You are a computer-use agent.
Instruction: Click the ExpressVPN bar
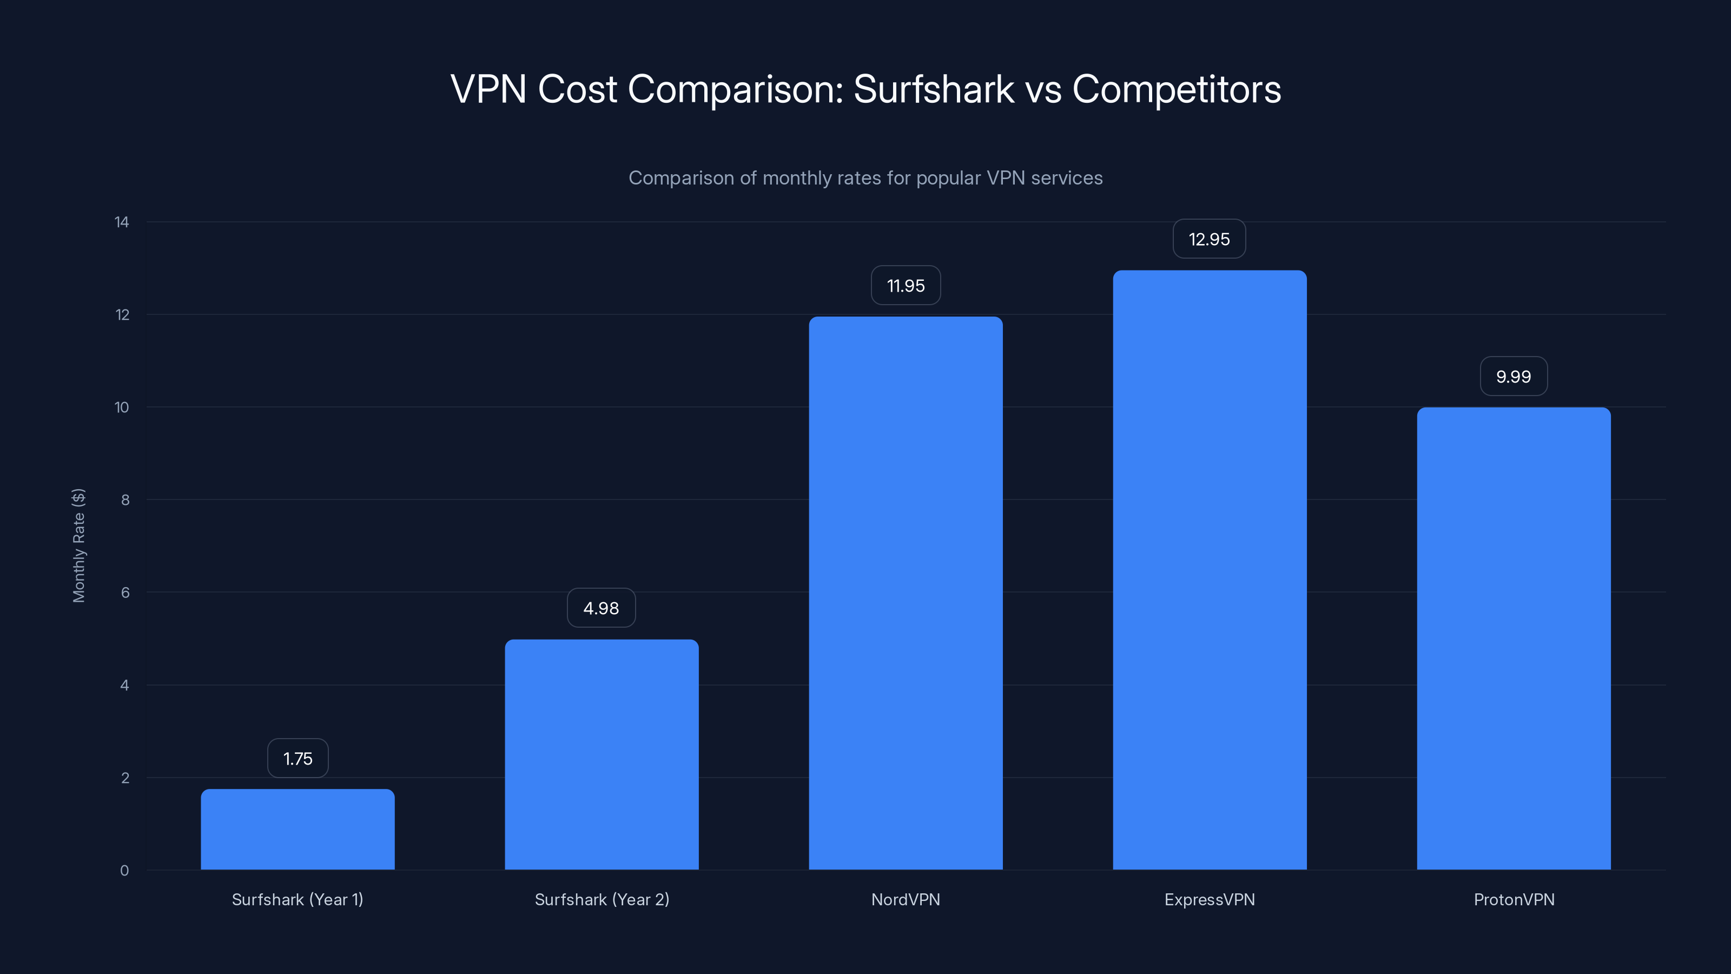tap(1209, 570)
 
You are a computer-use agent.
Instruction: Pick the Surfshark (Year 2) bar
tap(602, 754)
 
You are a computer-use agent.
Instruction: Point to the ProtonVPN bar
tap(1514, 639)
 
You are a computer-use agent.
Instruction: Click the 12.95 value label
tap(1209, 239)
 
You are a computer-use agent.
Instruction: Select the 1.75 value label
tap(298, 758)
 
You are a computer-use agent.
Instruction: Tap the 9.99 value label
tap(1514, 377)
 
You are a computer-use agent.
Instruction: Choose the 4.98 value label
tap(601, 608)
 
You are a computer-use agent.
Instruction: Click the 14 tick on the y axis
tap(122, 222)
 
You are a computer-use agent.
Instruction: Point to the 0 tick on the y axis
tap(124, 871)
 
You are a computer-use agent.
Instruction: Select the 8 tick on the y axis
tap(125, 499)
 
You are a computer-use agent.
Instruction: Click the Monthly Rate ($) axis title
tap(78, 545)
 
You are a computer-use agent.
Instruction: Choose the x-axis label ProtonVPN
tap(1514, 899)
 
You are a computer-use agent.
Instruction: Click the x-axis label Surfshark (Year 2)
tap(602, 899)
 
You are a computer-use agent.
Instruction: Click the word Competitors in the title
tap(1176, 89)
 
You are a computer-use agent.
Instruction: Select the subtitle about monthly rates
tap(865, 178)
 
